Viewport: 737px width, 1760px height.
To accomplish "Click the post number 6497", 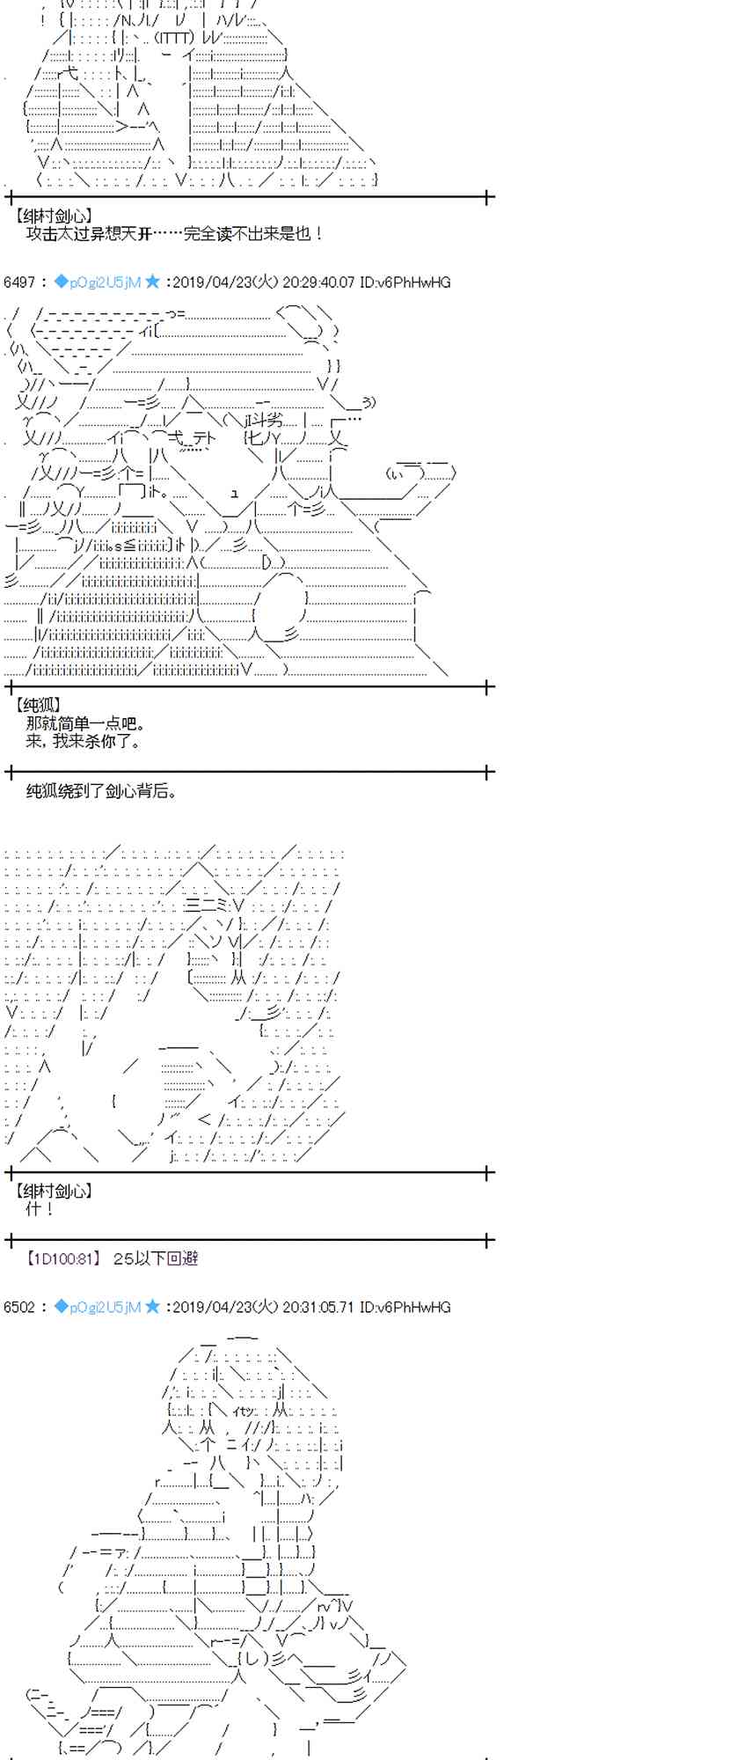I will (18, 282).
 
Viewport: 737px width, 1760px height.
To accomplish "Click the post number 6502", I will (18, 1308).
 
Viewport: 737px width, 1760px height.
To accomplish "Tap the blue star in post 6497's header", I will (153, 282).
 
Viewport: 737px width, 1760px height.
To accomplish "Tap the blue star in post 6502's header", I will (153, 1307).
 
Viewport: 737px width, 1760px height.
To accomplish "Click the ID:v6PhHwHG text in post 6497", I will (405, 282).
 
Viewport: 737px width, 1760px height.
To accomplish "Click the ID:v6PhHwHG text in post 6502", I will (405, 1308).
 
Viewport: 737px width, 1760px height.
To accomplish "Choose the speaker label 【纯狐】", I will (39, 706).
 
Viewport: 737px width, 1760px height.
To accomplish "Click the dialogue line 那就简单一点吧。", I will (85, 724).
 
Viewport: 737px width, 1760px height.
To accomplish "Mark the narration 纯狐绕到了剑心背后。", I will (102, 791).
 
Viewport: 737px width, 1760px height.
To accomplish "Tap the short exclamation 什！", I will (40, 1210).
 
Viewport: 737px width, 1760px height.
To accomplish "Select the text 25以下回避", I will (156, 1259).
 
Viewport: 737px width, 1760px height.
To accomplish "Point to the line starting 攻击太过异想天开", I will (175, 234).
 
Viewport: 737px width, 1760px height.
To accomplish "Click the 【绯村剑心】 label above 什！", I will (54, 1192).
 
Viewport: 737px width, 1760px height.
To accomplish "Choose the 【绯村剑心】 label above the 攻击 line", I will (54, 216).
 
